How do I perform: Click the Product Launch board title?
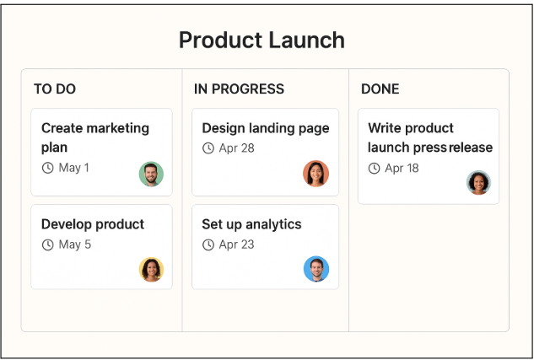click(262, 40)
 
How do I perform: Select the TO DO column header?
click(55, 89)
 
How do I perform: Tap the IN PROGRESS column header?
click(239, 89)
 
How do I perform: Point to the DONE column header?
click(380, 89)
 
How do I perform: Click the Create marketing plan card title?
click(94, 137)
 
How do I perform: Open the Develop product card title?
click(93, 224)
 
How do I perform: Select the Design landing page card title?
click(265, 128)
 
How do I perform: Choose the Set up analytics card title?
click(251, 224)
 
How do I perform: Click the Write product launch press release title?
click(429, 137)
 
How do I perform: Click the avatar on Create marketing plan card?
click(151, 174)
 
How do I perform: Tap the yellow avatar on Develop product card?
click(151, 269)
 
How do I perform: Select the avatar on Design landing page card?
click(316, 173)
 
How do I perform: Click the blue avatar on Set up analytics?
click(316, 269)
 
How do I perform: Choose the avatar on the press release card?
click(478, 182)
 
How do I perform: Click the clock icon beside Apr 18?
click(374, 168)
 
